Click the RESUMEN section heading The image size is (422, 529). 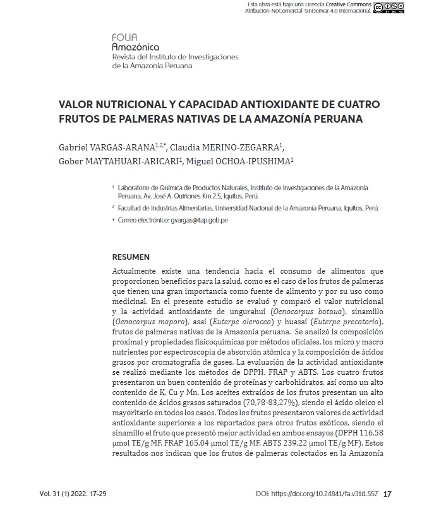130,257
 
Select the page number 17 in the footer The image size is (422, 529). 388,494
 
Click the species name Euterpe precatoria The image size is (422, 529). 349,322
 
